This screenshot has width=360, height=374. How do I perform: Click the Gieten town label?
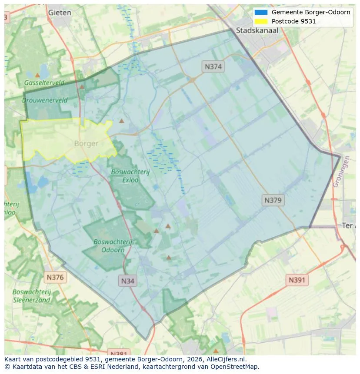point(60,13)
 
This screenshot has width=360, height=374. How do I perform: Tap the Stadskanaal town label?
point(257,30)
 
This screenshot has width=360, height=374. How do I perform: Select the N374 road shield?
point(213,66)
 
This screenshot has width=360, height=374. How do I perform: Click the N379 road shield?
point(273,200)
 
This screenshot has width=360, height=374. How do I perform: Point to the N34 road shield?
point(127,281)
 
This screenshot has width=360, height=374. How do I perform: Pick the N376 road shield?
point(55,277)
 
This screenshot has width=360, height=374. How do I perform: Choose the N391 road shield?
point(297,280)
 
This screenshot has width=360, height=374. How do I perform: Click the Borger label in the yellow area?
point(86,143)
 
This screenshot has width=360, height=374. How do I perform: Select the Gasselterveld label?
point(44,83)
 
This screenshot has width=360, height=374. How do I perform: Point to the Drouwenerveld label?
point(45,100)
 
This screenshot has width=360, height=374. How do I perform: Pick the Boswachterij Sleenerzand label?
point(32,296)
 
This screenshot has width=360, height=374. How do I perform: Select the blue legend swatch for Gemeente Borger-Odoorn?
point(261,12)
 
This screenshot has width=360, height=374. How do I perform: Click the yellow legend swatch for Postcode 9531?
point(261,21)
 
